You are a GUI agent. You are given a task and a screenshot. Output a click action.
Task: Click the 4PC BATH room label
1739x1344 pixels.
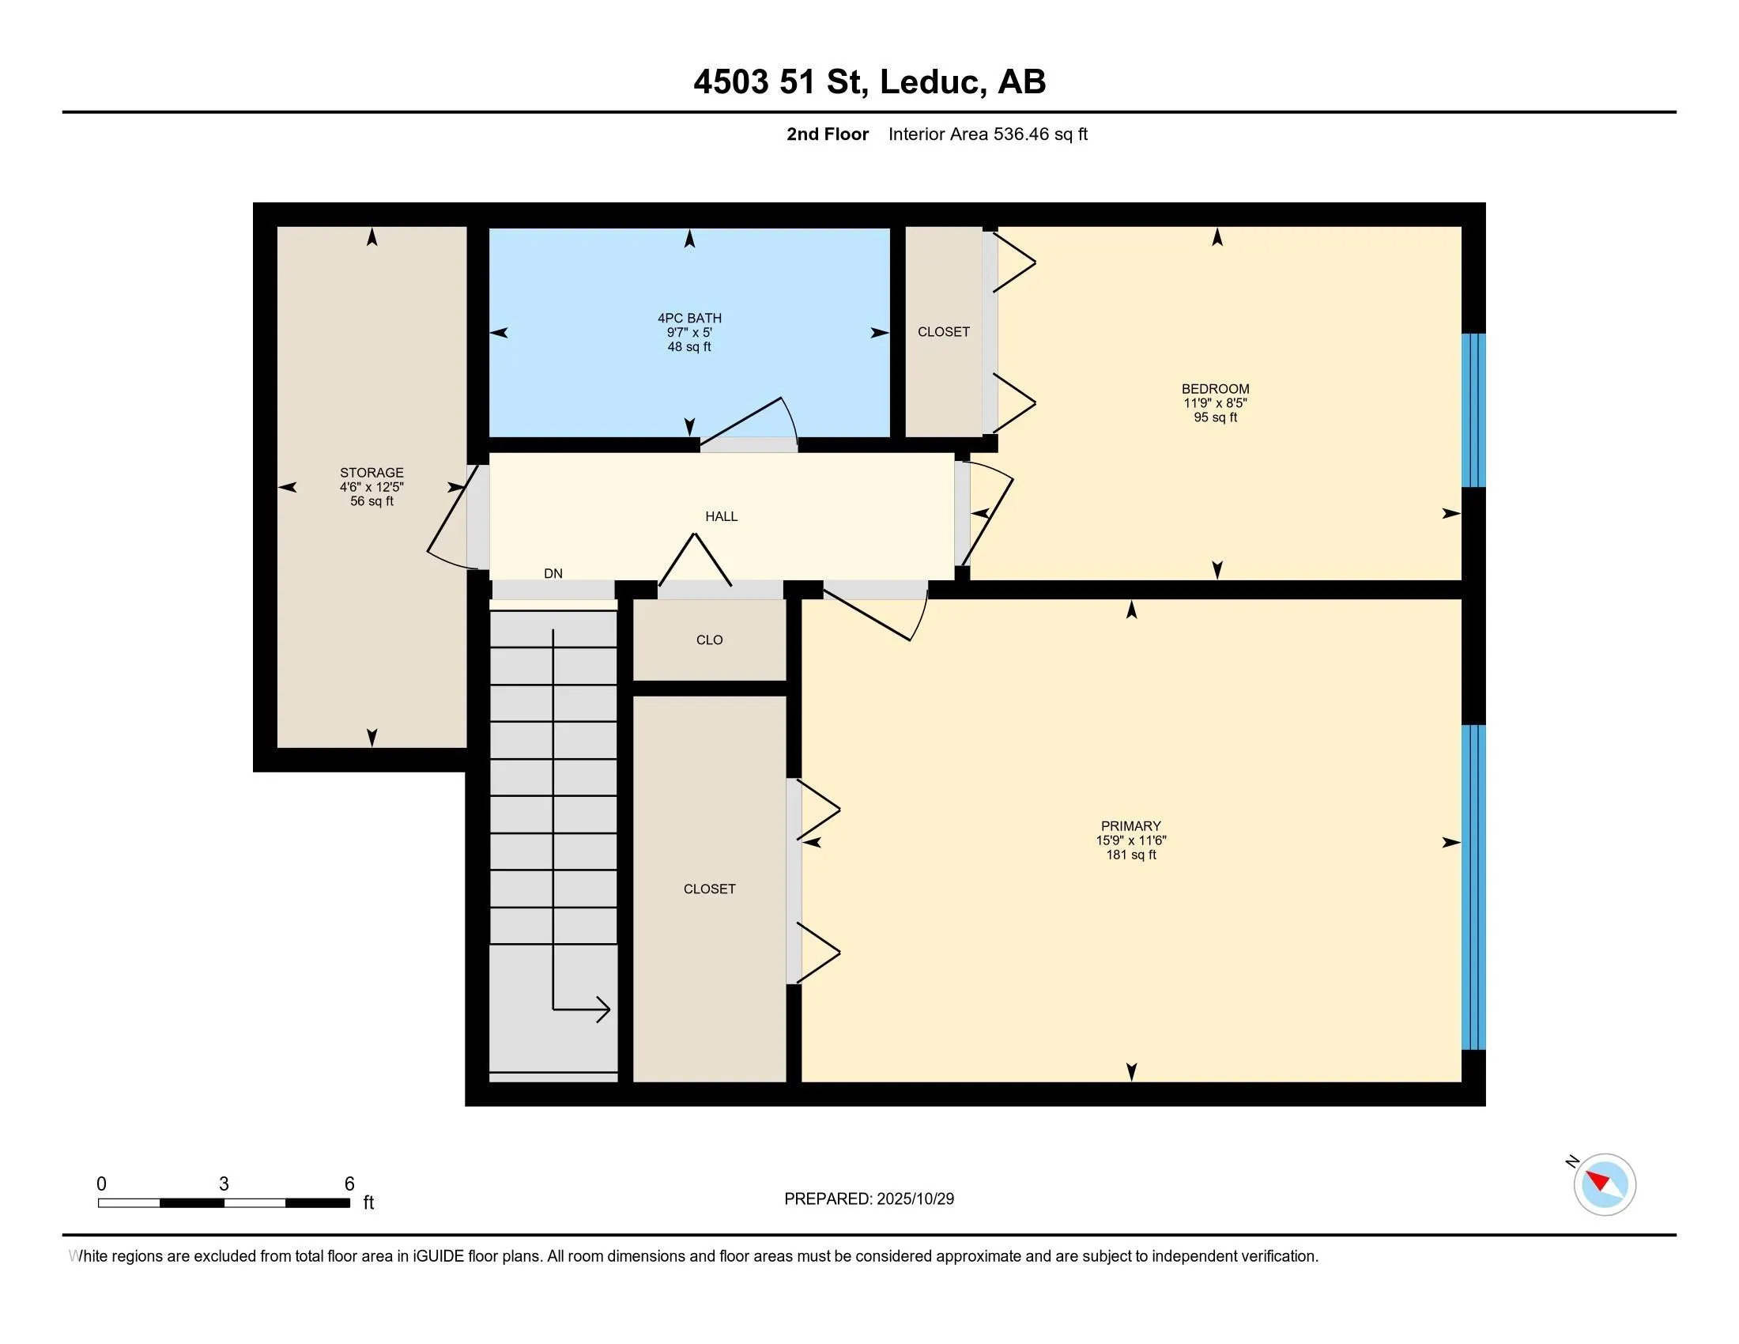click(x=689, y=318)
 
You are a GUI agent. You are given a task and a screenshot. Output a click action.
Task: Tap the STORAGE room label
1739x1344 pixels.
click(x=372, y=472)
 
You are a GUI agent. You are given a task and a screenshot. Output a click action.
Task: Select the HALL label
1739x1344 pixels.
click(x=722, y=517)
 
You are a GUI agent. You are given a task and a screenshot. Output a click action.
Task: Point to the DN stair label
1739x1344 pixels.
click(x=553, y=573)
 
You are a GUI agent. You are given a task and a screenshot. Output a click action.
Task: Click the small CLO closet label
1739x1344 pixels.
click(x=710, y=640)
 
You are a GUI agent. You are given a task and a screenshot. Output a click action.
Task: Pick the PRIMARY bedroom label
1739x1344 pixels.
click(x=1130, y=825)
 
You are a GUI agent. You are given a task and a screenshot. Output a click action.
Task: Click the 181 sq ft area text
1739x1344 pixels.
click(x=1130, y=855)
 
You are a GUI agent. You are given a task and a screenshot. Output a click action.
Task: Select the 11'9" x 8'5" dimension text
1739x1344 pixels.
click(x=1215, y=403)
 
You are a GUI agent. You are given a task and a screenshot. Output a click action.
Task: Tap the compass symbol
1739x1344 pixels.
click(x=1605, y=1184)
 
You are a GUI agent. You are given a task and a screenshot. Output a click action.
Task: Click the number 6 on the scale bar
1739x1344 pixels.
click(x=349, y=1184)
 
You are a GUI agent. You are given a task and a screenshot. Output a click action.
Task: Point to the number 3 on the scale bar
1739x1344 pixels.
click(x=224, y=1184)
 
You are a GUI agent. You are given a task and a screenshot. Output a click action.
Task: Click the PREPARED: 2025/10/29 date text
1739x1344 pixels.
click(x=869, y=1199)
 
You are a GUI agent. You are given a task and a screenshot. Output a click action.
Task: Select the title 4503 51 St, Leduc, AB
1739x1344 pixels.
click(x=869, y=81)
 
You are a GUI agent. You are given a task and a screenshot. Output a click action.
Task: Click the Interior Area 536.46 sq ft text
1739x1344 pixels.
click(x=988, y=134)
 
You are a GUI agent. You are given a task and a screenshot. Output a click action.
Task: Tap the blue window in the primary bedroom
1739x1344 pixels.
click(x=1474, y=887)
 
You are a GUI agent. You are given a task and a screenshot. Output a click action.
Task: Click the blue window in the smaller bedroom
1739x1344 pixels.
click(x=1474, y=410)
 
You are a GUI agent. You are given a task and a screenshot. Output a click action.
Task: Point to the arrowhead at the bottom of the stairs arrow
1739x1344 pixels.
click(x=605, y=1010)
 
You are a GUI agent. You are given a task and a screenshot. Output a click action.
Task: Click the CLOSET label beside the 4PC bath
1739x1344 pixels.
click(x=944, y=332)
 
